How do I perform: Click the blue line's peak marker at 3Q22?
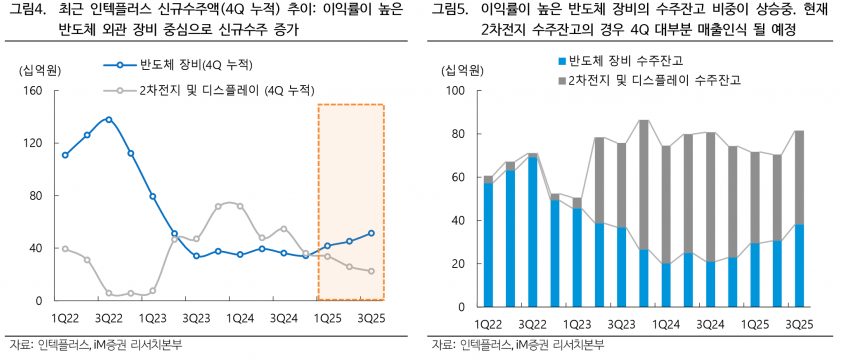coord(109,119)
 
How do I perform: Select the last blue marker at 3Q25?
coord(372,233)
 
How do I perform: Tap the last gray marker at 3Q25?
coord(372,271)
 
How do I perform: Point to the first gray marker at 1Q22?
coord(65,248)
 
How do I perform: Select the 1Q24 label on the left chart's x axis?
coord(240,318)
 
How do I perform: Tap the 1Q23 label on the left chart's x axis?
coord(152,318)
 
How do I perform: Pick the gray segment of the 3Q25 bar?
coord(798,177)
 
